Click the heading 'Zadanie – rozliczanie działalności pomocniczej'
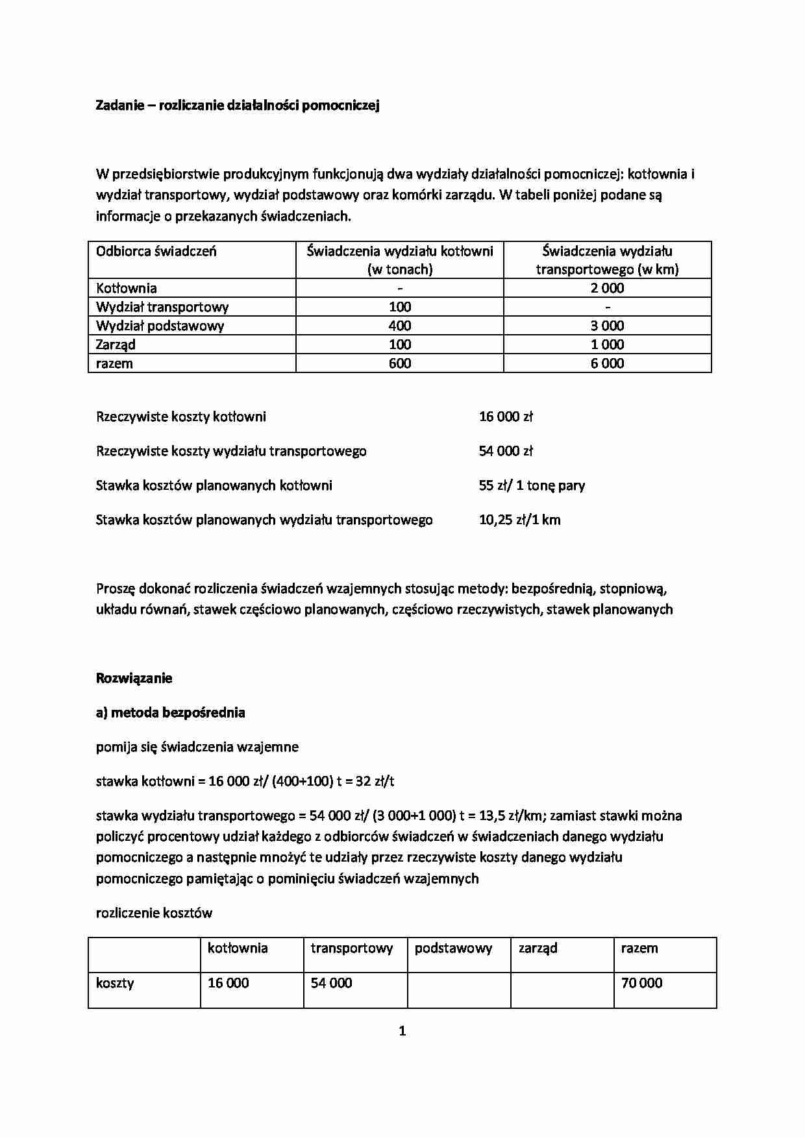pyautogui.click(x=237, y=105)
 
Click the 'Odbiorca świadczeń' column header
pyautogui.click(x=156, y=251)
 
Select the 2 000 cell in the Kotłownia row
pyautogui.click(x=607, y=288)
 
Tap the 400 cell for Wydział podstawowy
pyautogui.click(x=400, y=326)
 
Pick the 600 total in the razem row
pyautogui.click(x=400, y=363)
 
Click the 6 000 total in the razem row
pyautogui.click(x=607, y=363)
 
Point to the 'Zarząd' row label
pyautogui.click(x=116, y=345)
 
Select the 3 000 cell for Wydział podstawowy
pyautogui.click(x=607, y=326)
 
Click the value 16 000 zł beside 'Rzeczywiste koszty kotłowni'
pyautogui.click(x=506, y=417)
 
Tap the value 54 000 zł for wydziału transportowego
pyautogui.click(x=506, y=451)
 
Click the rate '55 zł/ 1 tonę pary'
pyautogui.click(x=532, y=485)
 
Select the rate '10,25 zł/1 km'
pyautogui.click(x=519, y=520)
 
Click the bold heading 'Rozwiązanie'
pyautogui.click(x=134, y=678)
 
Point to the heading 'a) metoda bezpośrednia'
pyautogui.click(x=170, y=712)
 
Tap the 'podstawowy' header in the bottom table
pyautogui.click(x=453, y=949)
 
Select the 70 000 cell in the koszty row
pyautogui.click(x=641, y=983)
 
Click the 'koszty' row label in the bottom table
pyautogui.click(x=115, y=983)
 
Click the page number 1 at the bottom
pyautogui.click(x=402, y=1031)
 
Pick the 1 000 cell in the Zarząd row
pyautogui.click(x=607, y=345)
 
